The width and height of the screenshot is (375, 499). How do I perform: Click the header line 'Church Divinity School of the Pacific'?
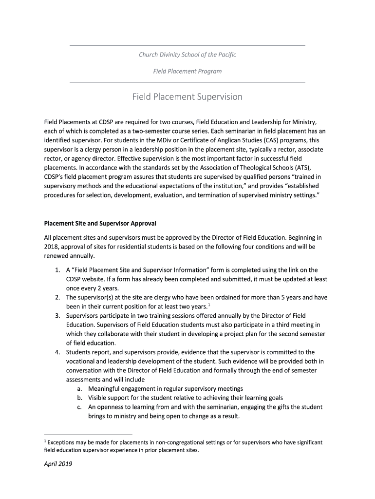pos(187,55)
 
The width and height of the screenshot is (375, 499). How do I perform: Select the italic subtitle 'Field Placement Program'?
pos(187,71)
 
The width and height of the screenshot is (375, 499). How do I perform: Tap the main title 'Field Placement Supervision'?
pos(187,97)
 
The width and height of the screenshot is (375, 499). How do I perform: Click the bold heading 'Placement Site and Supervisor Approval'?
pos(100,224)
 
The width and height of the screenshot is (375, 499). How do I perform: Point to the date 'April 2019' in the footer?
pos(58,464)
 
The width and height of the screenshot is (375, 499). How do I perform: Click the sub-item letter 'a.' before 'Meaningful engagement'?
pos(79,389)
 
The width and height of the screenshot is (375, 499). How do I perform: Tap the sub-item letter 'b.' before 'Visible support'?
pos(79,398)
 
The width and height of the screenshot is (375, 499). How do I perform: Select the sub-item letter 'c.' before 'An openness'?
pos(79,407)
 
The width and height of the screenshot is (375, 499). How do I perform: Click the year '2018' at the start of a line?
pos(51,247)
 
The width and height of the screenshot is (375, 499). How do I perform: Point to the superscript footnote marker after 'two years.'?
pos(209,305)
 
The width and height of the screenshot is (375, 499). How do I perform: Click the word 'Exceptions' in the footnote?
pos(62,442)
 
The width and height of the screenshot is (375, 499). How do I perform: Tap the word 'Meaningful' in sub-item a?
pos(105,389)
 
